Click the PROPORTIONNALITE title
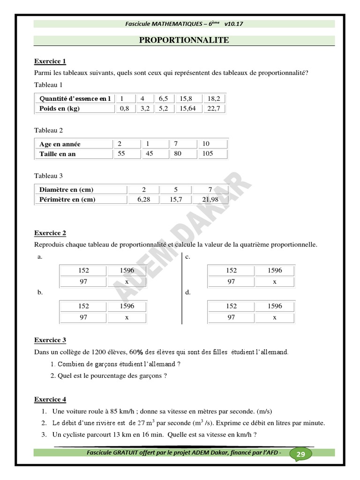(x=184, y=40)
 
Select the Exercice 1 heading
(x=50, y=61)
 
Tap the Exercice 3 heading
(x=50, y=340)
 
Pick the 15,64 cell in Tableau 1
(x=187, y=109)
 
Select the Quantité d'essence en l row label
(x=75, y=98)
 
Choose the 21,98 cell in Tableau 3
(x=209, y=199)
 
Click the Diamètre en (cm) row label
(x=66, y=189)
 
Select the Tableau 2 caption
(x=48, y=130)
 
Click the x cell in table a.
(x=127, y=281)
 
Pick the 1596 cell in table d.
(x=275, y=306)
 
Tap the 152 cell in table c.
(x=231, y=270)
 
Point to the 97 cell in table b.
(x=83, y=317)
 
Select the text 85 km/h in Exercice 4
(x=121, y=411)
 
